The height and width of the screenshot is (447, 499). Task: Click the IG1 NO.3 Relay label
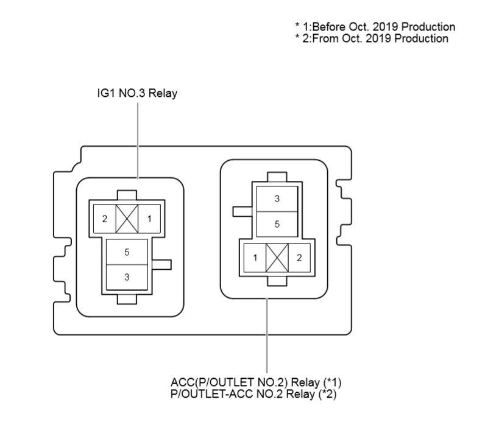point(137,94)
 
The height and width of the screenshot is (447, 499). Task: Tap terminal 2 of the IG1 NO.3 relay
point(105,219)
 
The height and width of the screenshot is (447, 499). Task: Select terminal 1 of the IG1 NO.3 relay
point(149,219)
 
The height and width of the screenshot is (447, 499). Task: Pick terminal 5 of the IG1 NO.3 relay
point(127,252)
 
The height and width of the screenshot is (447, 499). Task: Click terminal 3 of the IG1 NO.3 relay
point(127,277)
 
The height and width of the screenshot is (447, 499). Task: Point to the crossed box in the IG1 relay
point(127,219)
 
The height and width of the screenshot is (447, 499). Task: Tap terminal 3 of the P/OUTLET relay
point(277,199)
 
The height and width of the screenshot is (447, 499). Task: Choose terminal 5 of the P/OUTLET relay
point(277,224)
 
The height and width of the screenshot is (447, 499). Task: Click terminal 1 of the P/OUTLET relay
point(255,258)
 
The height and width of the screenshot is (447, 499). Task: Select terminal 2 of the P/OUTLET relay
point(299,258)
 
